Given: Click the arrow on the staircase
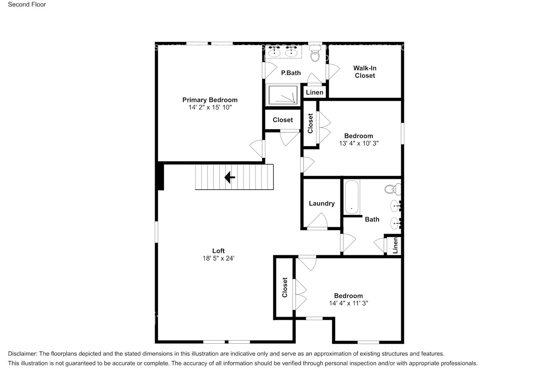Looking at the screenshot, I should pos(229,177).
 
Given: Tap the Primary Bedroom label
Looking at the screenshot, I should pos(210,100).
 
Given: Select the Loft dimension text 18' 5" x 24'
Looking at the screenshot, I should pos(218,259).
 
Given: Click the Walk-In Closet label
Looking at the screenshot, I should pos(365,72).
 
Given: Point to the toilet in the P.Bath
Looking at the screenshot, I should pos(315,56).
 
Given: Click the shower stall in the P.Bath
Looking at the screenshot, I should pos(282,94).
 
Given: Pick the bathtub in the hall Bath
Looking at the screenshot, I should pos(351,197).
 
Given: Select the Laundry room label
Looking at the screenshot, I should pos(322,203).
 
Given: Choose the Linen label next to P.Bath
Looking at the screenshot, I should pos(314,92).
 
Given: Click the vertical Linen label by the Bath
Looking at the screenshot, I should pos(395,245).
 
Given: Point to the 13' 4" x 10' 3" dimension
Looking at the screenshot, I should pos(359,143).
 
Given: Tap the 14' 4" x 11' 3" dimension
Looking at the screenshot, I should pos(348,303).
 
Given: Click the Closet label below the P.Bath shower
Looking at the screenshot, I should pos(283,120).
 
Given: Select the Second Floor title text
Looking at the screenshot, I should pos(27,5).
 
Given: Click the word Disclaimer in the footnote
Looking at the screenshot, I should pos(22,354).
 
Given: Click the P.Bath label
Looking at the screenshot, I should pos(291,73).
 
